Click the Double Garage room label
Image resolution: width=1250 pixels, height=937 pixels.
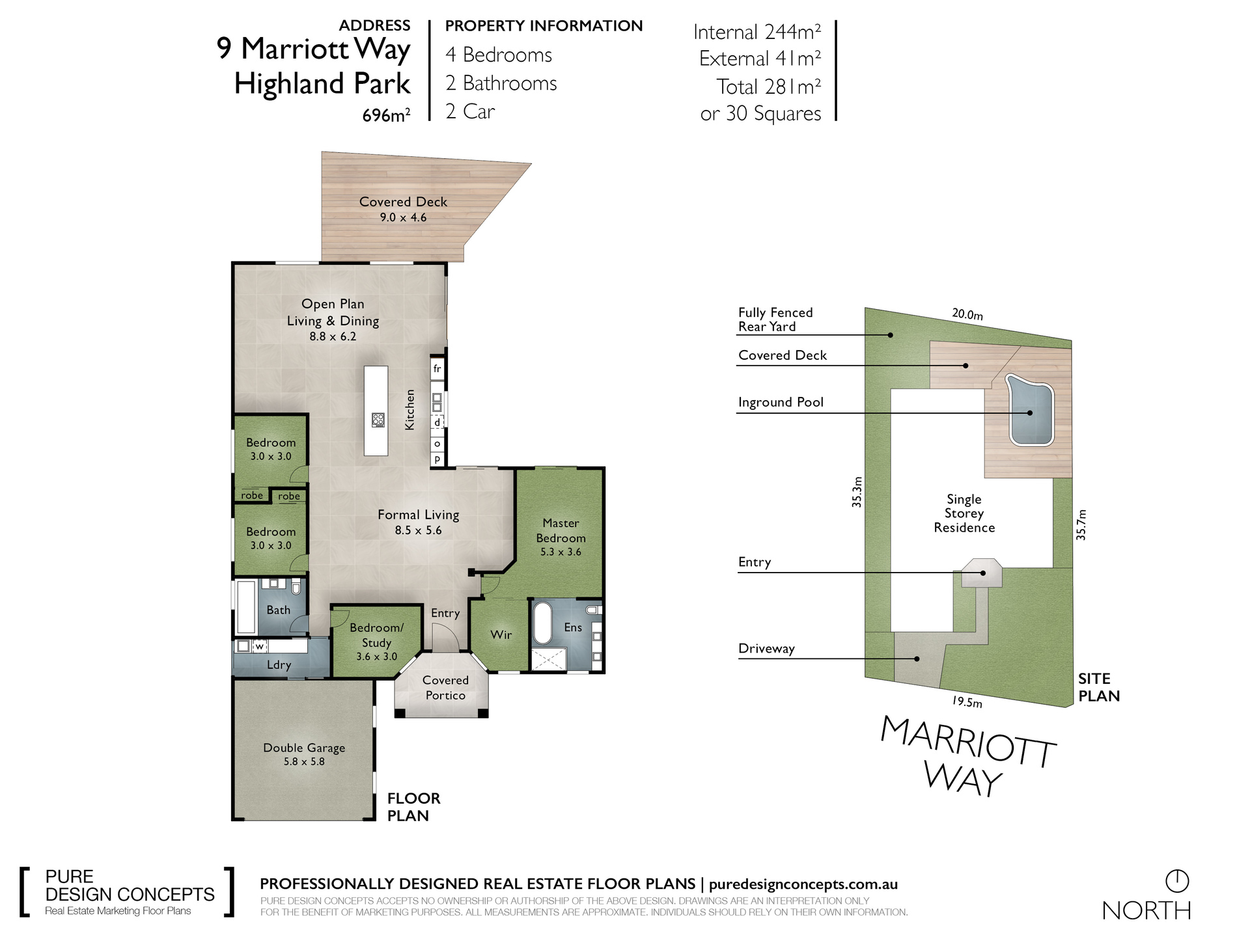(304, 748)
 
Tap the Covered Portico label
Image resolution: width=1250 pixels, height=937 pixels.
(445, 688)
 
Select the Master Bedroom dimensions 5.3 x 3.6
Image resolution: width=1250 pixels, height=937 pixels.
(561, 552)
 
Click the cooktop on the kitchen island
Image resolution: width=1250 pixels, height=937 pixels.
(378, 420)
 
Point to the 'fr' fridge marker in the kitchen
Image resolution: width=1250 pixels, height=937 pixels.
(437, 368)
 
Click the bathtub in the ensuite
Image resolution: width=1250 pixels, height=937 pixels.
(542, 623)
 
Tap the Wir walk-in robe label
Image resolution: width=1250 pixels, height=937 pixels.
(501, 634)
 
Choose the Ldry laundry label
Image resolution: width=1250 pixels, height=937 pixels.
(279, 665)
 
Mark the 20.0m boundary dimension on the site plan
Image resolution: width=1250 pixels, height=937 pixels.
(967, 314)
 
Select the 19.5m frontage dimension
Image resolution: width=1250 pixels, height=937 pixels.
(967, 702)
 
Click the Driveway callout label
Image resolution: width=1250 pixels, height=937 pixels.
(766, 649)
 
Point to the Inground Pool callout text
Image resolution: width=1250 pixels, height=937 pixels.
(781, 403)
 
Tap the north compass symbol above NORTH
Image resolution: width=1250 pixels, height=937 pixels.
(1177, 881)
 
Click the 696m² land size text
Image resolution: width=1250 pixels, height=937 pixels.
(386, 116)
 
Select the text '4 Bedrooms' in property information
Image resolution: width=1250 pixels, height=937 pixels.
(499, 55)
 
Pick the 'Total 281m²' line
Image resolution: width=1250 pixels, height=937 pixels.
(769, 87)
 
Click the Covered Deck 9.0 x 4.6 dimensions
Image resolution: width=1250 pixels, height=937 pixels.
(403, 217)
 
